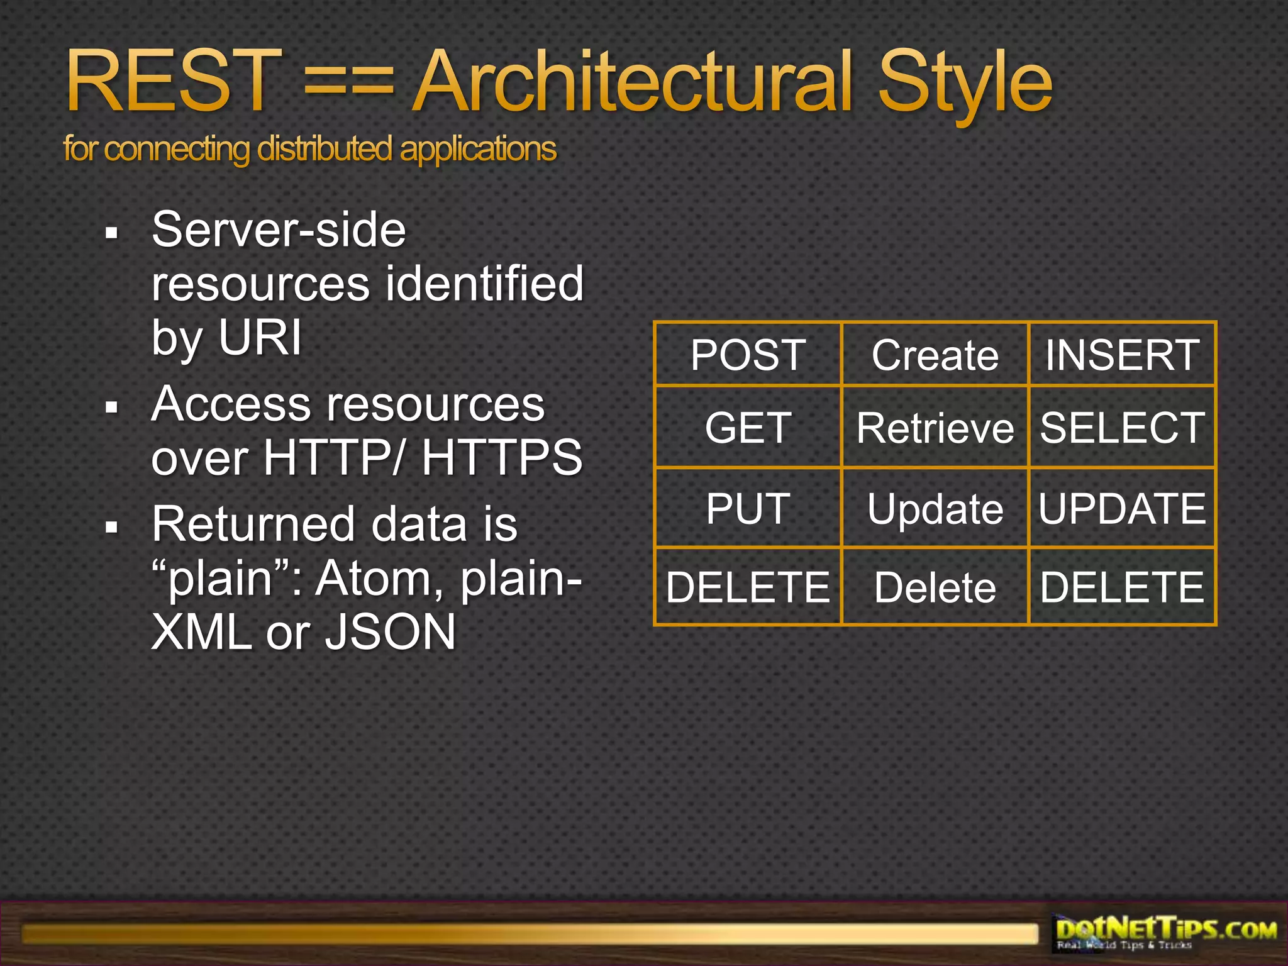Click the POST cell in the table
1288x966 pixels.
click(x=748, y=355)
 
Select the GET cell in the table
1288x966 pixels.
click(x=748, y=428)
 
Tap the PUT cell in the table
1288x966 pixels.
click(x=748, y=508)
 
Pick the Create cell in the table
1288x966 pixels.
click(x=935, y=355)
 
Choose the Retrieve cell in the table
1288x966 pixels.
click(x=935, y=428)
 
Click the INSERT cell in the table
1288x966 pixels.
click(x=1122, y=355)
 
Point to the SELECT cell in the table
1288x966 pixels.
click(x=1122, y=428)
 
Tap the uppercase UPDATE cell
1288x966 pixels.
click(x=1122, y=508)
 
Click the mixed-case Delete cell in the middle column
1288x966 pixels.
click(x=935, y=587)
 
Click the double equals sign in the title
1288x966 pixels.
click(x=349, y=85)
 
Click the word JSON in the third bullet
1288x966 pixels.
click(x=390, y=632)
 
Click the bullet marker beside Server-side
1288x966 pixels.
click(x=112, y=234)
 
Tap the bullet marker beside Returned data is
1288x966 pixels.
click(x=112, y=527)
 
